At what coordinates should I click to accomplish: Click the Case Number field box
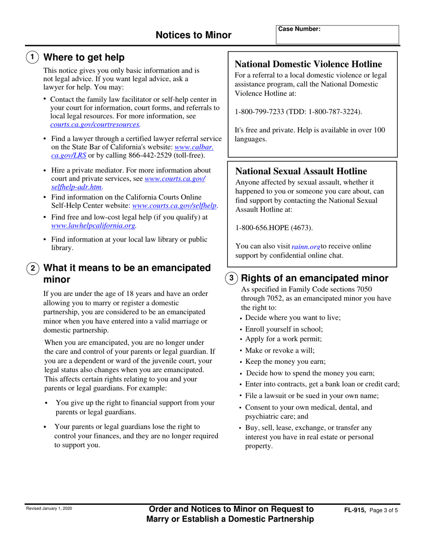(337, 34)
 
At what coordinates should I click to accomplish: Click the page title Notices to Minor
(194, 35)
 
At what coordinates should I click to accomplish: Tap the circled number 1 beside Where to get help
(33, 58)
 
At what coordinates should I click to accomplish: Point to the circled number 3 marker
(231, 278)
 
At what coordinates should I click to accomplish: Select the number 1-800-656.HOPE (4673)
(274, 228)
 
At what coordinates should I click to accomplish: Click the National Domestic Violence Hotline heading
(308, 64)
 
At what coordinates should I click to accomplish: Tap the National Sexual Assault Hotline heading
(301, 171)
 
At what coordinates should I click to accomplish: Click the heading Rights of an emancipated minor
(314, 278)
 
